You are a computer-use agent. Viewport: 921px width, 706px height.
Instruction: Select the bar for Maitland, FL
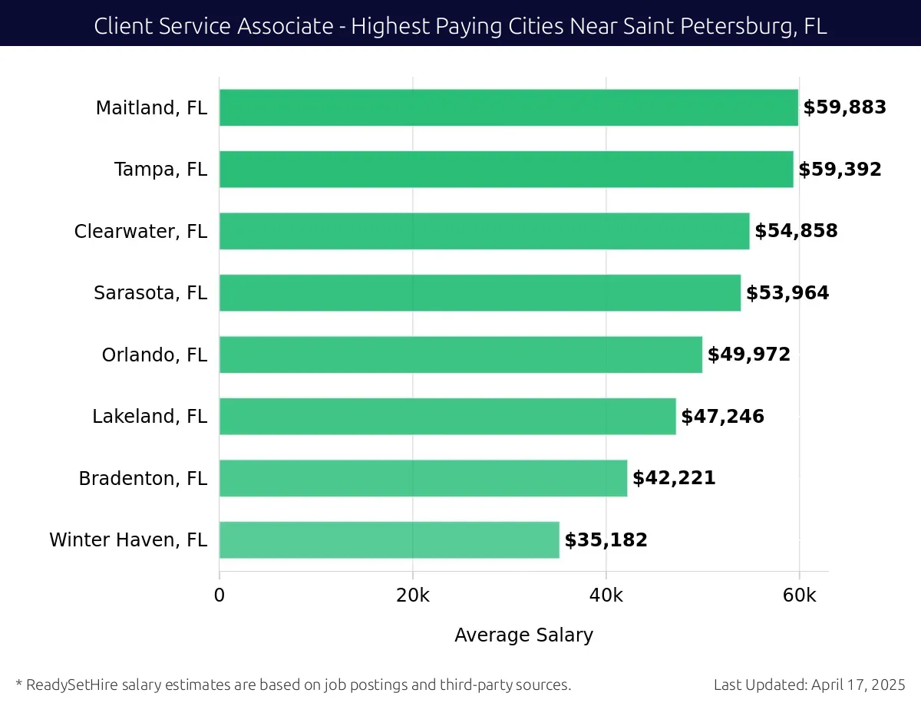(508, 107)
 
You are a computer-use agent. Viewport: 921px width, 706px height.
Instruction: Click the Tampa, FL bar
(506, 170)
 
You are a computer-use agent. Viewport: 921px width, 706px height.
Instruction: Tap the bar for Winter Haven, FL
(389, 539)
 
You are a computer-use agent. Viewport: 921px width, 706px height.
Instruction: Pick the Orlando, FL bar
(460, 355)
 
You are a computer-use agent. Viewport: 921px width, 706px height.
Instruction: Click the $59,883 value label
(844, 107)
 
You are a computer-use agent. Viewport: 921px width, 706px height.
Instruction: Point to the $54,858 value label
(796, 231)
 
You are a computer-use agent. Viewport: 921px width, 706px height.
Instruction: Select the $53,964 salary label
(787, 293)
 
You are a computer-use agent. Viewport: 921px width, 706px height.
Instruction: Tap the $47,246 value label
(722, 417)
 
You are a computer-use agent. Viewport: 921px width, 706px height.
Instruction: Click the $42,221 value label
(674, 478)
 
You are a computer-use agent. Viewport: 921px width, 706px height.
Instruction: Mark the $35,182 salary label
(606, 540)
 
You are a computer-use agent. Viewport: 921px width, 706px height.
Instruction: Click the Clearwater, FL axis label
(140, 231)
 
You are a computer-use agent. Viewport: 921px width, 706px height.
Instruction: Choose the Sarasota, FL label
(150, 293)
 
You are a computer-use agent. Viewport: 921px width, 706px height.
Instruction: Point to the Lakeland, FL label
(150, 417)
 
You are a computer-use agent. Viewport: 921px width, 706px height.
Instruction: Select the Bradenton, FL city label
(143, 478)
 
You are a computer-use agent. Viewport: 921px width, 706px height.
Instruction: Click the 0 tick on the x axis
(220, 595)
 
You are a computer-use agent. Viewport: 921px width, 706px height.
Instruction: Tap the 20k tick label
(412, 595)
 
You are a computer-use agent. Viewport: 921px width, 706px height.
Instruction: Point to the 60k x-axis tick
(799, 595)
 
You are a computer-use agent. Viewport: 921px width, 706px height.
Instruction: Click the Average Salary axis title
(523, 635)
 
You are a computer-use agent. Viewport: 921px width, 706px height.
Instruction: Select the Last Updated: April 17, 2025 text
(809, 685)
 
